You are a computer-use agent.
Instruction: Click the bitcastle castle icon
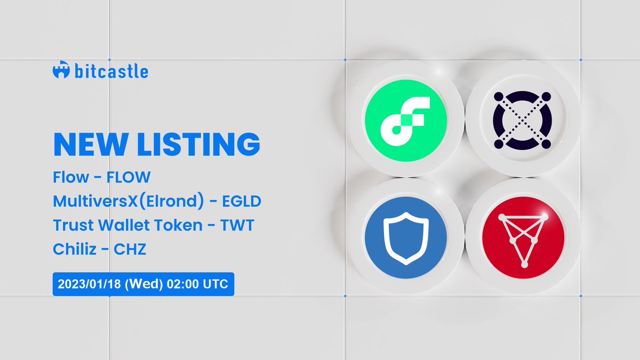[x=61, y=71]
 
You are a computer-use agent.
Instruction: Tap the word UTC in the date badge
[x=216, y=284]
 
